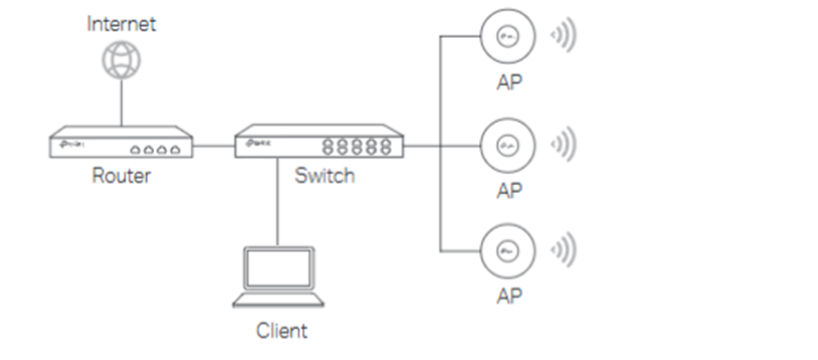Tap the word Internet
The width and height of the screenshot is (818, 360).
click(x=120, y=23)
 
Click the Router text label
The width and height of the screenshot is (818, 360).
click(x=120, y=176)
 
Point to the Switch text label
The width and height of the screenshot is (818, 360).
click(x=324, y=176)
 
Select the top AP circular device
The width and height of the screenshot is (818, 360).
click(x=507, y=37)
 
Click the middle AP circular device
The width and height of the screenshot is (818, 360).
click(x=507, y=145)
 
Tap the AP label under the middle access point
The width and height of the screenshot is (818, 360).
click(x=507, y=191)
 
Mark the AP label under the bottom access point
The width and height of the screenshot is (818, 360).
click(x=507, y=296)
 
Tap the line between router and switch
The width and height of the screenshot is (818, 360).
click(x=213, y=145)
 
